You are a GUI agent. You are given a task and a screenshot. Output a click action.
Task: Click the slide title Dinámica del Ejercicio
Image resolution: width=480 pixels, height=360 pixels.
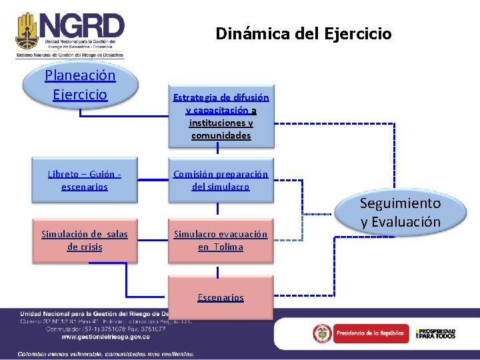[303, 33]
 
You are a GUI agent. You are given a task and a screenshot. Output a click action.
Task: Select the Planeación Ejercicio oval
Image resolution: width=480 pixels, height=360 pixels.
[80, 85]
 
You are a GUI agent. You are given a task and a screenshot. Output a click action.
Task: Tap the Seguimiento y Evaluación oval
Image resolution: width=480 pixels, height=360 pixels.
[401, 212]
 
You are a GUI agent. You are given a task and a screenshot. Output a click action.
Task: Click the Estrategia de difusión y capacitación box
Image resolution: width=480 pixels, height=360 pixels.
[221, 116]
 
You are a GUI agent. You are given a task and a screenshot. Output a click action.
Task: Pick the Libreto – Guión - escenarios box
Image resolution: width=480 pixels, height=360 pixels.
[84, 180]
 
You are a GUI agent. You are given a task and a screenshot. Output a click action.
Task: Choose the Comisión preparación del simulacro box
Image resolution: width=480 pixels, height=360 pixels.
[221, 180]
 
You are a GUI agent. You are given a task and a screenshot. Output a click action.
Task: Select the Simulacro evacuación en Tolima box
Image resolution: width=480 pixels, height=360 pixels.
[221, 240]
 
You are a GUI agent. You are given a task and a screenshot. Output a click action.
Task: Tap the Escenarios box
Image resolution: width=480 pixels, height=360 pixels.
[221, 297]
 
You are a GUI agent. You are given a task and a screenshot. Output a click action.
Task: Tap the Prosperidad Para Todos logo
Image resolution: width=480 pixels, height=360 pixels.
[436, 333]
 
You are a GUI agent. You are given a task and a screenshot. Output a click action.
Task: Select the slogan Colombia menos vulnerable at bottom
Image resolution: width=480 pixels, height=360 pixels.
[106, 353]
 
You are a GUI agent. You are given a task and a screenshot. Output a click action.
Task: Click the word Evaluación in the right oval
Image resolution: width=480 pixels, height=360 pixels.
[401, 221]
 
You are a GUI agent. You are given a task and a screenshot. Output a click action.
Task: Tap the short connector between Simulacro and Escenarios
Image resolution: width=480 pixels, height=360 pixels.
[217, 272]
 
